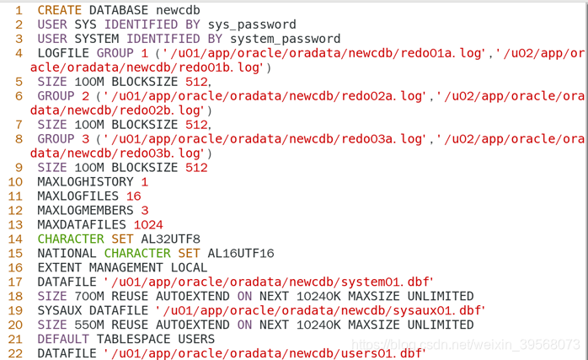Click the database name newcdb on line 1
coord(178,9)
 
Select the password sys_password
coord(252,24)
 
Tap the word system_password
coord(288,39)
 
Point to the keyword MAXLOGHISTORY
coord(85,182)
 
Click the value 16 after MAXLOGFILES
coord(133,196)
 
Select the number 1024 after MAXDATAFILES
coord(147,225)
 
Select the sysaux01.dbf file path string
coord(320,310)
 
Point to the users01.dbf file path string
coord(264,353)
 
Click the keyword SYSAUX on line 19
coord(59,310)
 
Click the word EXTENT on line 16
coord(59,267)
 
